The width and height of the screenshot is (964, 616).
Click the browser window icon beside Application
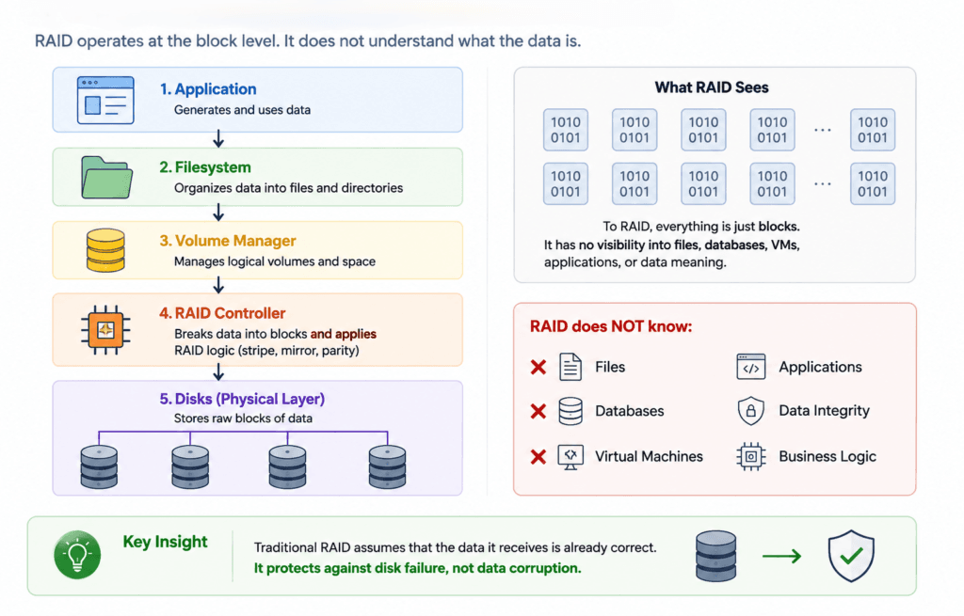(x=105, y=100)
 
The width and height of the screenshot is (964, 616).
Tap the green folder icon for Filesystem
(x=106, y=177)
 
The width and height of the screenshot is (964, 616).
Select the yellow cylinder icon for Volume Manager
(x=105, y=250)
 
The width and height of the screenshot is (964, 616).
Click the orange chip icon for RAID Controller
(x=105, y=330)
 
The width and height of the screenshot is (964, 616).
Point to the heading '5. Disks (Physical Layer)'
(x=242, y=399)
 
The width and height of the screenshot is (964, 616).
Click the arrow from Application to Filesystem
(x=218, y=139)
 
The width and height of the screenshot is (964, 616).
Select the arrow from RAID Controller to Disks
(x=218, y=371)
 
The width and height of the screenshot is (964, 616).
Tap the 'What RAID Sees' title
(x=712, y=87)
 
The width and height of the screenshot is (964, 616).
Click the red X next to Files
(x=538, y=368)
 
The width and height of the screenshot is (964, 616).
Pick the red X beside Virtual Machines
(x=538, y=456)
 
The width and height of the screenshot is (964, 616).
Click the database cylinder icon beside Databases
(x=570, y=411)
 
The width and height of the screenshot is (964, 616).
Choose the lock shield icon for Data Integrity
(x=750, y=411)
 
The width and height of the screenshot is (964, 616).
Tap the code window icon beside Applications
(x=750, y=367)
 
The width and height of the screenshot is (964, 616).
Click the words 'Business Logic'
(x=827, y=456)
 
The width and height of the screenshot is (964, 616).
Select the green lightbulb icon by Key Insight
(x=77, y=555)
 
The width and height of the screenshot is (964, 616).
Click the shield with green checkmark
(x=851, y=556)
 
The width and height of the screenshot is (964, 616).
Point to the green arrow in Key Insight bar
(x=782, y=557)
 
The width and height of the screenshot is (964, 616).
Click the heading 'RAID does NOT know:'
(x=611, y=326)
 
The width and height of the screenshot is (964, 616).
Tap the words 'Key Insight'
(x=165, y=542)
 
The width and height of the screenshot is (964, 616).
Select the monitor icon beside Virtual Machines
(x=570, y=457)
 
